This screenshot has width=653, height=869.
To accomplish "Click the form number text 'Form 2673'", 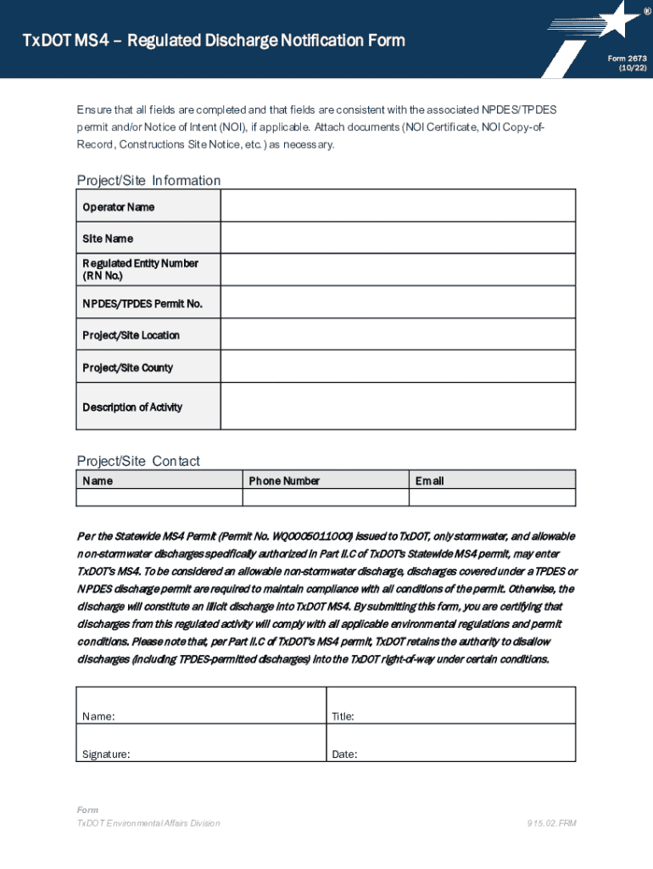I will click(x=627, y=59).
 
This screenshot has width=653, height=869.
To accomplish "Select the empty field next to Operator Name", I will click(x=398, y=205).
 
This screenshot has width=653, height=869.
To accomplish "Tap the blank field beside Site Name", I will click(x=398, y=238).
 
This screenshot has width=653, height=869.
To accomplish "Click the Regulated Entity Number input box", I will click(x=398, y=270).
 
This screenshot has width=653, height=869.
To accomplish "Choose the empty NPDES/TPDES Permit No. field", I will click(x=398, y=302).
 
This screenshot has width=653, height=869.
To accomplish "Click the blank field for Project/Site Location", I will click(x=398, y=334).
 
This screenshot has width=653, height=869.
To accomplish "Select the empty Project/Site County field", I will click(x=398, y=367).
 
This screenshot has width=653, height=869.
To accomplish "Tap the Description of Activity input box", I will click(x=398, y=406).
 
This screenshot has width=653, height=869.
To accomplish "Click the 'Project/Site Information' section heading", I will click(x=148, y=180).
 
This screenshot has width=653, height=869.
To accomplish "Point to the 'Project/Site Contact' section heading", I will click(x=138, y=461).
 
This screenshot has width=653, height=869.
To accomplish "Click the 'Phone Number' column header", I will click(x=284, y=480).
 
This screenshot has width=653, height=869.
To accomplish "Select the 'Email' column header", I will click(x=429, y=480).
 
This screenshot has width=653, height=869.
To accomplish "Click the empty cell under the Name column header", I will click(x=159, y=497).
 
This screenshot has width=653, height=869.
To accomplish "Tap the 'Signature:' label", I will click(x=106, y=754).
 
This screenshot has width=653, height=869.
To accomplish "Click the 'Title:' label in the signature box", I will click(x=343, y=716).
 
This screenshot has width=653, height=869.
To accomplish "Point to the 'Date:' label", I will click(x=344, y=754).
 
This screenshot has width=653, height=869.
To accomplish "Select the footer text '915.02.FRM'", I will click(x=551, y=823).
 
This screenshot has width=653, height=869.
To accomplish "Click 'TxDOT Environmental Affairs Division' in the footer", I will click(x=148, y=823).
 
